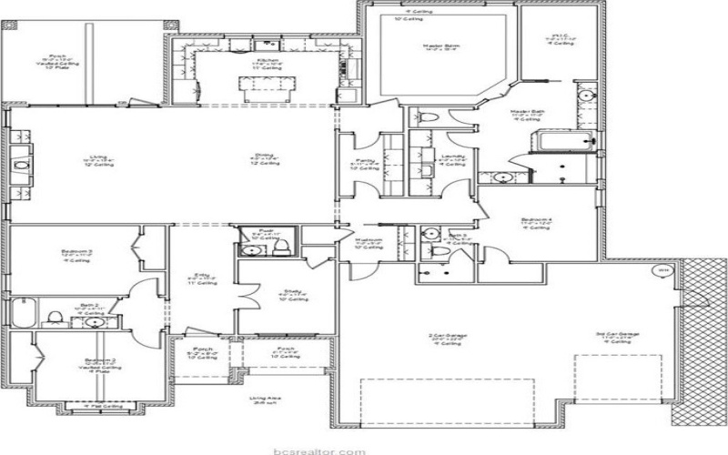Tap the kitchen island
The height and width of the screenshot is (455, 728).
[268, 87]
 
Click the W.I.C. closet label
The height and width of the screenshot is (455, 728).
[560, 38]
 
